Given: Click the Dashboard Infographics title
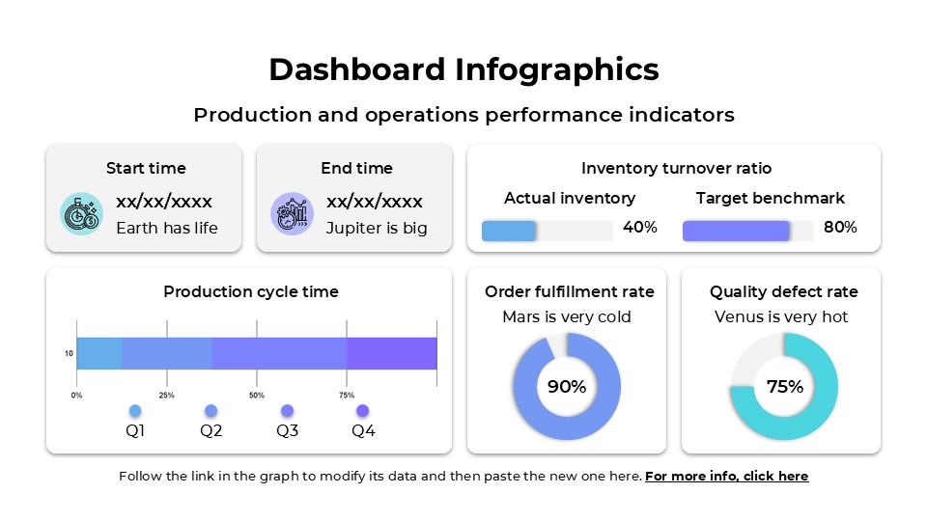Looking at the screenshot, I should pos(463,69).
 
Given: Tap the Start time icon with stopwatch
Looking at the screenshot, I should pos(80,214).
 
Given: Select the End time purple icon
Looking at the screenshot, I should pos(291,214).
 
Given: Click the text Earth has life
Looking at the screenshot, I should pos(167,229).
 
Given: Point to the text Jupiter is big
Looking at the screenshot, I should pos(377,229).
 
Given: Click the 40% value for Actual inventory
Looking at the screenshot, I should pos(639,228).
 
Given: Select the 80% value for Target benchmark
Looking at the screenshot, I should pos(840,228).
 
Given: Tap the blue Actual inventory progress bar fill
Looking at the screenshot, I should pos(508,231).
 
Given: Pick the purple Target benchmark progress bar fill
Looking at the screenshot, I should pos(736,231).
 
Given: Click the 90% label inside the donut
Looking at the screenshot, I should pos(567,387).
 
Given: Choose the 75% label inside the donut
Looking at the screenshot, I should pos(784,387).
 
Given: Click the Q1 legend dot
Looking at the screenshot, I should pos(135,411).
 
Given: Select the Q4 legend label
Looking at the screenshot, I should pos(363,431).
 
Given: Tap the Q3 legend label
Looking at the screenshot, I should pos(287,431).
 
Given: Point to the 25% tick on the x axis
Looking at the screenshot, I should pos(166,396).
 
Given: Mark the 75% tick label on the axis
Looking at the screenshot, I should pos(347,396).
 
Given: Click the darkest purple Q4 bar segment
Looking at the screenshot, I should pos(391,353).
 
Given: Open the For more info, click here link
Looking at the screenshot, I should pos(726,476).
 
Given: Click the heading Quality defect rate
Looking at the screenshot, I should pos(783,291).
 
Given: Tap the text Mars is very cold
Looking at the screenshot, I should pos(567,316).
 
